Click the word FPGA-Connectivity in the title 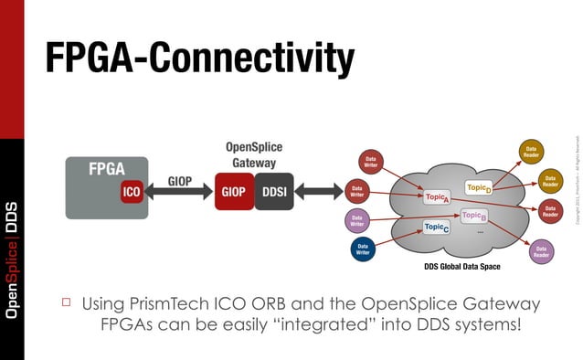(x=199, y=58)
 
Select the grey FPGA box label (x=106, y=169)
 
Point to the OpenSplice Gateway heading (x=253, y=154)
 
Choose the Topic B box (x=472, y=217)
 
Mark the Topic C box (x=436, y=227)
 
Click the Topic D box (x=479, y=187)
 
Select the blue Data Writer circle (x=363, y=249)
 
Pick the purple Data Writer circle (x=357, y=220)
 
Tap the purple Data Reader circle (x=541, y=252)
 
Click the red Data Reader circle (x=550, y=211)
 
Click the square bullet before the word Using (x=66, y=302)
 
